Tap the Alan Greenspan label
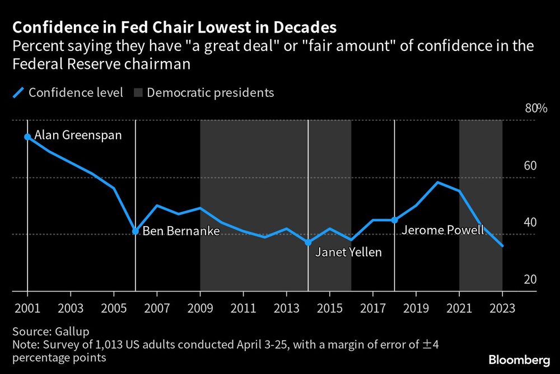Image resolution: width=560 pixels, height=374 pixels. coord(78,135)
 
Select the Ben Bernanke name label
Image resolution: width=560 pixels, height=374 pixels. coord(181,231)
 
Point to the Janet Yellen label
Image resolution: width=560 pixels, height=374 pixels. coord(348,252)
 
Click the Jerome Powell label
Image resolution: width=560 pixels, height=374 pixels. coord(442,230)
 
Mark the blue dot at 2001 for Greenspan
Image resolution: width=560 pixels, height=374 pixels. coord(27,137)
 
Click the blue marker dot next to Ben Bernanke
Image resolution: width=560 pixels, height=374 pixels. coord(136,231)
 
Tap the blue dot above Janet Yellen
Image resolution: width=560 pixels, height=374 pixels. coord(308,242)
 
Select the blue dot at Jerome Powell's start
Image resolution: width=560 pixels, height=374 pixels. coord(394,220)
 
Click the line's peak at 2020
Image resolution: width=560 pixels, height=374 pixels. coord(437,183)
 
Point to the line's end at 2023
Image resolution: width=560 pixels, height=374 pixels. coord(502,246)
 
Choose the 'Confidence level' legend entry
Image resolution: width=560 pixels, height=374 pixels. coord(76,92)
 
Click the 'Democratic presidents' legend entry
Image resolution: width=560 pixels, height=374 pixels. coord(211,92)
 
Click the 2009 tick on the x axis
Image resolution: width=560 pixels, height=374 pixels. coord(200,307)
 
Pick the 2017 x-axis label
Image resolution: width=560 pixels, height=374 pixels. coord(373,307)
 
